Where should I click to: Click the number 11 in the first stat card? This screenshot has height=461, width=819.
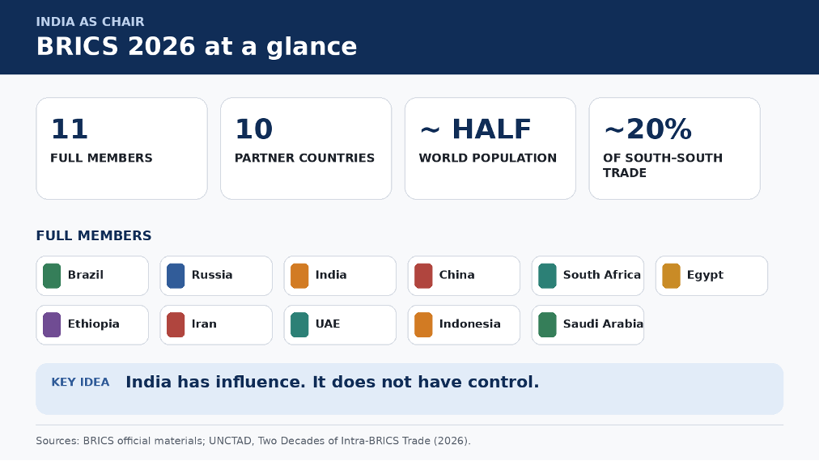pos(69,129)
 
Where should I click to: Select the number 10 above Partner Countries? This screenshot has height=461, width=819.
pos(254,129)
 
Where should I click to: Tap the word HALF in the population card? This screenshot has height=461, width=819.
pos(491,129)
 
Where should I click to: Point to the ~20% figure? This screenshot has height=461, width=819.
pos(647,129)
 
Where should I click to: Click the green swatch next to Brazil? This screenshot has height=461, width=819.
pos(52,276)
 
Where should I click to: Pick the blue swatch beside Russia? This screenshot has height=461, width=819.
pos(176,276)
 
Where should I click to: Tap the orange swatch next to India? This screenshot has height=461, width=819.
pos(299,276)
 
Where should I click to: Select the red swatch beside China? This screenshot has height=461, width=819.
pos(423,276)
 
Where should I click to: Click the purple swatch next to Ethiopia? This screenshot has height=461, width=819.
pos(52,325)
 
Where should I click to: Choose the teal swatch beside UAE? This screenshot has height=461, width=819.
pos(299,325)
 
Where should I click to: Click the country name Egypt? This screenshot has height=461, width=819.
pos(705,275)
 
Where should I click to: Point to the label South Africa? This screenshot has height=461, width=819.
pos(602,275)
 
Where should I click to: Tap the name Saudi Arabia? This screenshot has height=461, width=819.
pos(603,324)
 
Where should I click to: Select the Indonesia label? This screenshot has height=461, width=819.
pos(469,324)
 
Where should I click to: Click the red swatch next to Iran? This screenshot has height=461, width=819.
pos(176,325)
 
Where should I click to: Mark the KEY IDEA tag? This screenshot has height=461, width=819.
pos(80,383)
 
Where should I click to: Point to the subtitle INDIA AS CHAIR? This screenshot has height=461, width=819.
pos(90,22)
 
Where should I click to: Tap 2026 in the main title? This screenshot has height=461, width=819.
pos(161,46)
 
